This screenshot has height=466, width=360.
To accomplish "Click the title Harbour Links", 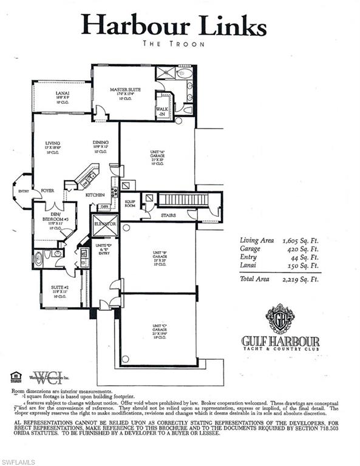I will [174, 25].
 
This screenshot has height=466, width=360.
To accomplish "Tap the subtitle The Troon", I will [174, 44].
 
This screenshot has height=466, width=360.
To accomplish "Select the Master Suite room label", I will [126, 90].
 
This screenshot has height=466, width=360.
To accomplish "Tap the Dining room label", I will [101, 144].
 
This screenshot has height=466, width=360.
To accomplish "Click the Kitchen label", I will [95, 195].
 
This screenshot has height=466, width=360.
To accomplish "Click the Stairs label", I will [169, 215].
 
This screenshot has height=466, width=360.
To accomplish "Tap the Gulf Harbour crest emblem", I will [280, 318].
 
